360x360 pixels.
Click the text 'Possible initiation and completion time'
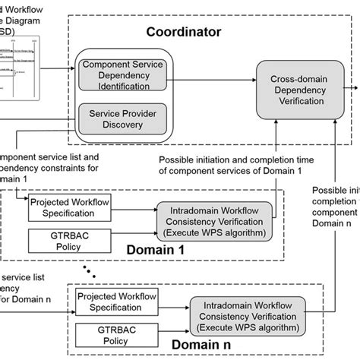click(x=231, y=160)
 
